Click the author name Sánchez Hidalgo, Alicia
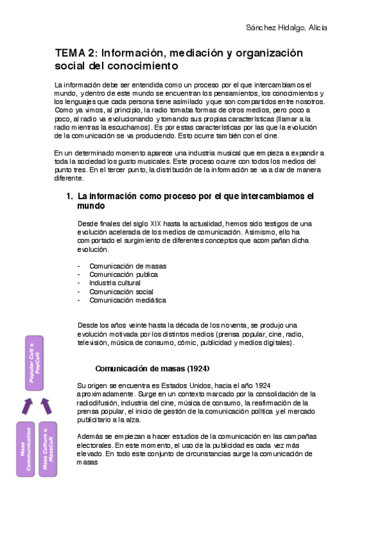(x=287, y=28)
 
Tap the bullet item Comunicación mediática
(x=128, y=300)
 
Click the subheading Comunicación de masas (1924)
(x=152, y=369)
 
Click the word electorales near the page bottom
(x=94, y=445)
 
